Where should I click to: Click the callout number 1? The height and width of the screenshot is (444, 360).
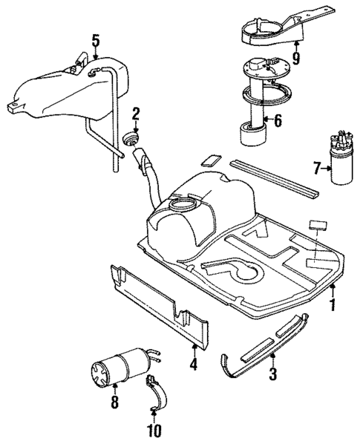[333, 304]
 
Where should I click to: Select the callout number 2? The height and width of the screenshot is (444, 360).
[136, 114]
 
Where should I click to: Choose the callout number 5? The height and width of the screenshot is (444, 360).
[95, 40]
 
